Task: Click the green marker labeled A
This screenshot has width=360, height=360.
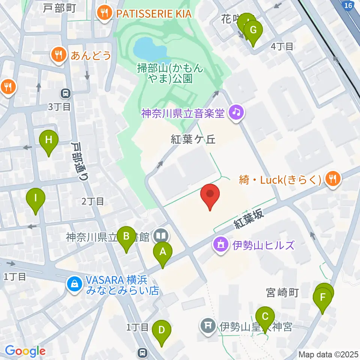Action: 162,252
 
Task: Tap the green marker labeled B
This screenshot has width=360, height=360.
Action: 126,237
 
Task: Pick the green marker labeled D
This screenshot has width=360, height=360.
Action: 162,330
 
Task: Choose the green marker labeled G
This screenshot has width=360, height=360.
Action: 253,30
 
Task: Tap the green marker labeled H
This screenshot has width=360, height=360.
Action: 49,140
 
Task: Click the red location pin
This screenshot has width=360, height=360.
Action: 210,195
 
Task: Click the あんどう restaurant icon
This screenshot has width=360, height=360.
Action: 58,55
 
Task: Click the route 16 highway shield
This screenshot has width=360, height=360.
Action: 348,5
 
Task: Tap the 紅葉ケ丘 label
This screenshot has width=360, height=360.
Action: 193,139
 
